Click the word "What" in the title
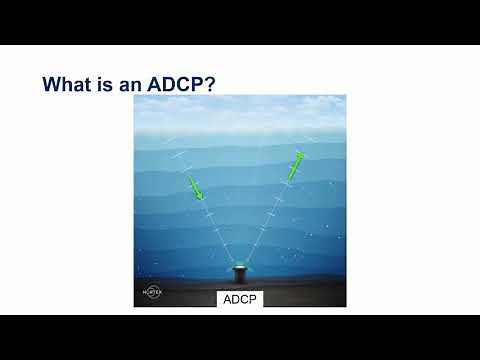69,83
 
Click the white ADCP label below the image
240,299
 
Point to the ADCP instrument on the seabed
240,273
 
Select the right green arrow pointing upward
295,165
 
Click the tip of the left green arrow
201,198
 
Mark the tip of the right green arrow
302,152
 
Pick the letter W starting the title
52,83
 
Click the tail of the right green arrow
289,179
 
